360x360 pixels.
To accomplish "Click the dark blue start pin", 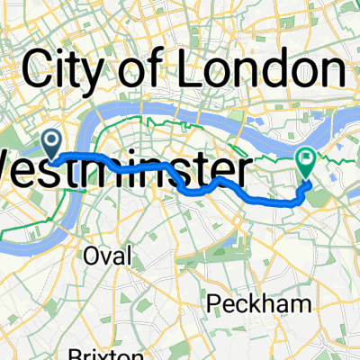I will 51,141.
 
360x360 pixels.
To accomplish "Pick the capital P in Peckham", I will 213,303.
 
